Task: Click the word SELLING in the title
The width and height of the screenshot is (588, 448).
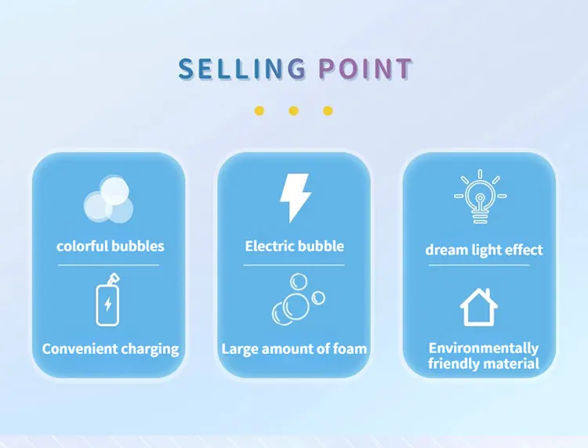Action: click(242, 69)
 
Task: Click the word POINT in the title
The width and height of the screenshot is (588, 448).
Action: click(365, 69)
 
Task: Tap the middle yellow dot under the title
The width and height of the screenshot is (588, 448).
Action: click(294, 111)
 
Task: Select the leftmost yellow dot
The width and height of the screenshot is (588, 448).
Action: click(260, 111)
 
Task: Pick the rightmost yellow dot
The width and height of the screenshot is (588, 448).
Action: click(328, 111)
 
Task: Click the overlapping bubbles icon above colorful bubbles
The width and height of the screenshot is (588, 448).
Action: click(108, 198)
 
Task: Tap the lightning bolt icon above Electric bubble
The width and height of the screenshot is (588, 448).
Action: click(295, 197)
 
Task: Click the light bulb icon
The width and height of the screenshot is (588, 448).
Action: click(480, 197)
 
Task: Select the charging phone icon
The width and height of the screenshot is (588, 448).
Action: click(108, 300)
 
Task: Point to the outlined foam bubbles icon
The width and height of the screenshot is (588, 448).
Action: click(298, 299)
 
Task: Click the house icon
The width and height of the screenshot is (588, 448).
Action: click(479, 307)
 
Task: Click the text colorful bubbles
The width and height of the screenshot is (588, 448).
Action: click(111, 246)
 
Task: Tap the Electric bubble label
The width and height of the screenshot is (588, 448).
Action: click(294, 246)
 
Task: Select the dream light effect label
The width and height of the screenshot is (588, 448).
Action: click(484, 250)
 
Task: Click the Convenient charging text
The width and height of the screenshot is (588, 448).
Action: click(111, 349)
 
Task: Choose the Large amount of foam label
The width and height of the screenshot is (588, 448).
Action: click(294, 349)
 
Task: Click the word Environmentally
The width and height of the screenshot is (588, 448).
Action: click(484, 349)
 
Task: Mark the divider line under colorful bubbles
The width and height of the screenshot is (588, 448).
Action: click(108, 266)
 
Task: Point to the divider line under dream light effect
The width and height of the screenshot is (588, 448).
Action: click(479, 266)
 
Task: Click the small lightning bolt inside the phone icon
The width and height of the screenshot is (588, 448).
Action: click(108, 304)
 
